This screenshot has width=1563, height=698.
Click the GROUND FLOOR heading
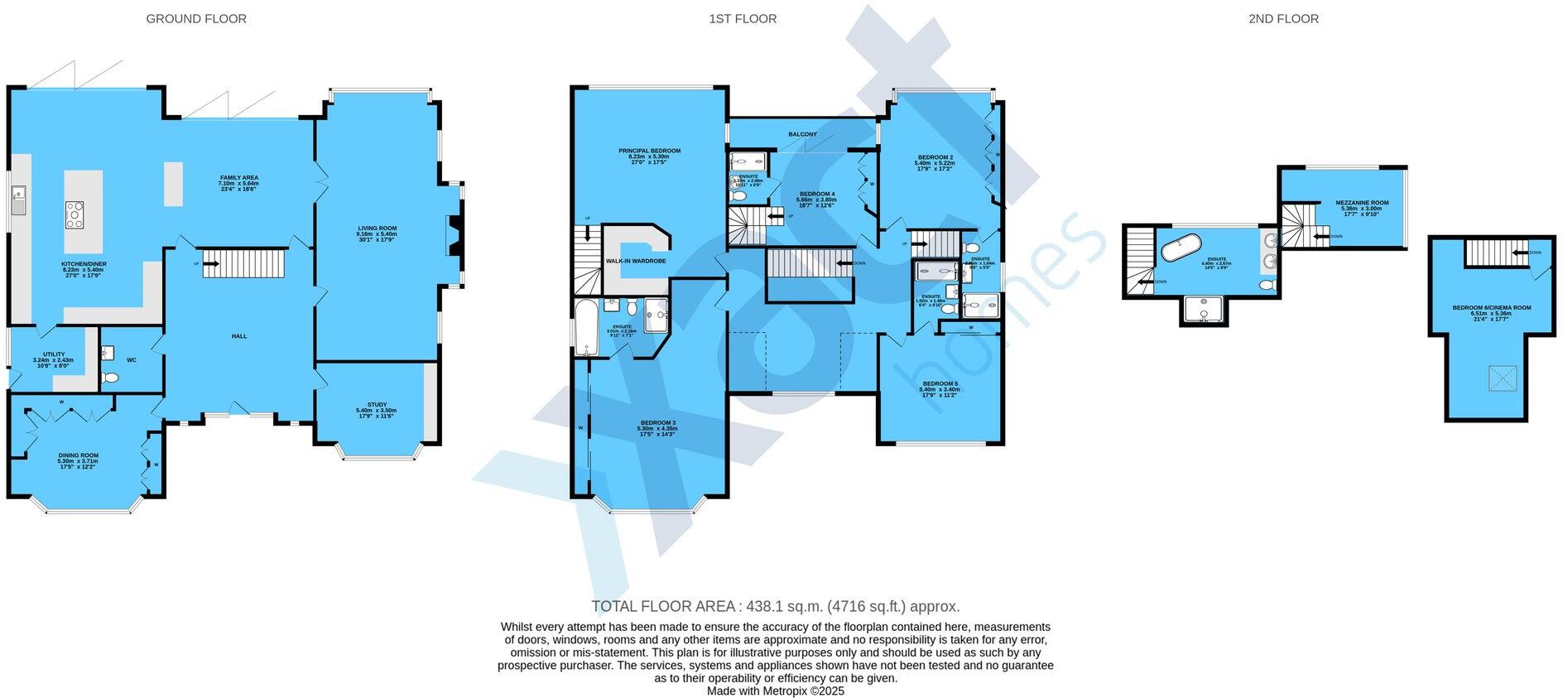[x=196, y=18]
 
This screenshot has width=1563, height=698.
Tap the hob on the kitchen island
[x=75, y=214]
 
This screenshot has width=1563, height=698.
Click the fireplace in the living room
[x=453, y=235]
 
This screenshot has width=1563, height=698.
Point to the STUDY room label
[x=377, y=405]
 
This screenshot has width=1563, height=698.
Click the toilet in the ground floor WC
[x=111, y=378]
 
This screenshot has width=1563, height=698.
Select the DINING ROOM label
[x=78, y=455]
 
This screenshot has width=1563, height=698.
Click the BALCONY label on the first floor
[x=802, y=134]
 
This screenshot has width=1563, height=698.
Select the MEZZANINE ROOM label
[x=1362, y=203]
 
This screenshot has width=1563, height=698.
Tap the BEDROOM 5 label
[x=940, y=383]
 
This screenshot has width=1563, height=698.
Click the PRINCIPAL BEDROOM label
[x=649, y=151]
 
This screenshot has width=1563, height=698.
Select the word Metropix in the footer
[x=782, y=691]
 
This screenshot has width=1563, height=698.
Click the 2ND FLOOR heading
[x=1283, y=18]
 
